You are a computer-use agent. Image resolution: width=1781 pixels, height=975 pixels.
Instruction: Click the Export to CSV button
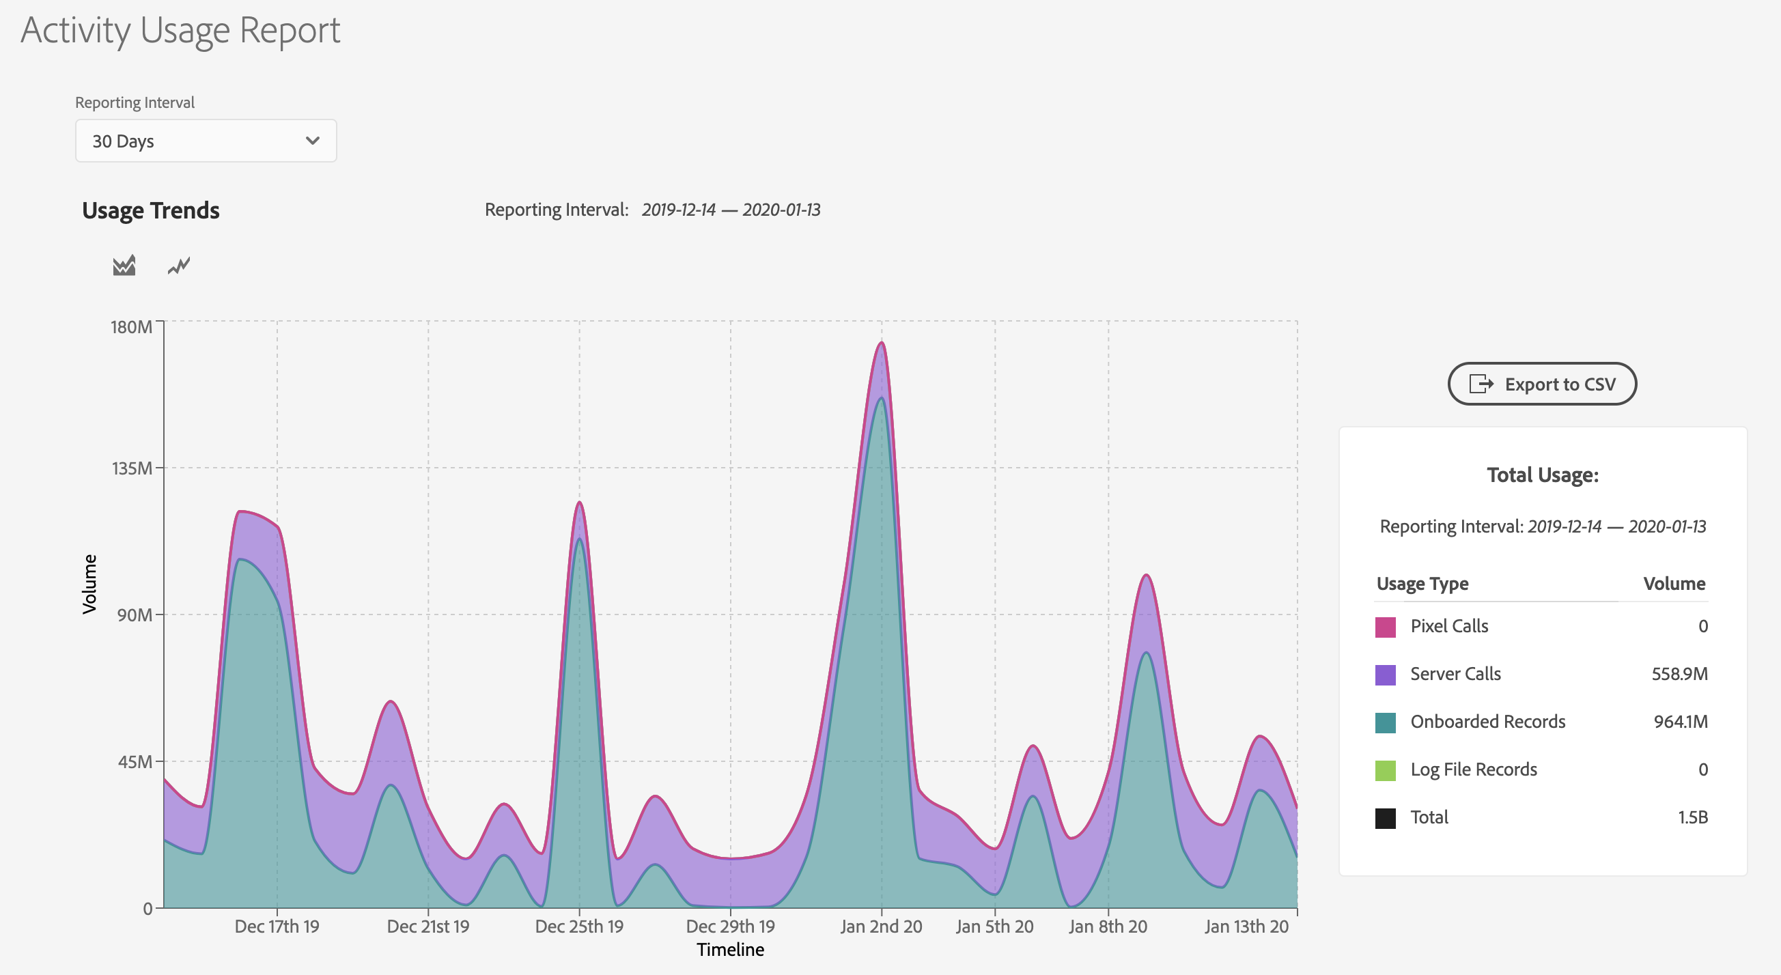point(1542,384)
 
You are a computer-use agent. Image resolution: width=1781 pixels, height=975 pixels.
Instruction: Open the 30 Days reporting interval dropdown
point(206,141)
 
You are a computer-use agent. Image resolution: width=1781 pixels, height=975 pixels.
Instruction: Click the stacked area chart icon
point(124,266)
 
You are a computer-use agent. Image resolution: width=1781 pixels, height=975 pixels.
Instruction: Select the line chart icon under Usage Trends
point(178,266)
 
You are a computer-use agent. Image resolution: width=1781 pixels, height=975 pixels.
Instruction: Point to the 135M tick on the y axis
point(132,468)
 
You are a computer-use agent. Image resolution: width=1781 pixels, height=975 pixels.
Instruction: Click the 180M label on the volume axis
point(131,326)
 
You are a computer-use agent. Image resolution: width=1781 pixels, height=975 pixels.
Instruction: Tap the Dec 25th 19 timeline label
point(578,926)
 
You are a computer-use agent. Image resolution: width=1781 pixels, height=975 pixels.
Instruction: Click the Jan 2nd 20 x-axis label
point(881,926)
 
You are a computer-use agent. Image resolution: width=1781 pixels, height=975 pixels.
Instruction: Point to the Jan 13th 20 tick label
point(1246,926)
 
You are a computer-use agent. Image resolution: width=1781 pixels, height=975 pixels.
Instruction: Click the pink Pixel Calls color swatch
point(1385,627)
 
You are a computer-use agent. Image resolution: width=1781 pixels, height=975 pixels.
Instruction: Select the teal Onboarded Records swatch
point(1385,722)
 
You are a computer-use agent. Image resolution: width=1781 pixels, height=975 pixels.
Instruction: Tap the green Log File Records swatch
point(1385,770)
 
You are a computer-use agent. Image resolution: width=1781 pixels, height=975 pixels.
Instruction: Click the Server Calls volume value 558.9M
point(1679,673)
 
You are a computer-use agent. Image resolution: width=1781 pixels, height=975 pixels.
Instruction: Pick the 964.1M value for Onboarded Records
point(1680,721)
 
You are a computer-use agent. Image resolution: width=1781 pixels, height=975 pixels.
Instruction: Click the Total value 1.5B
point(1692,817)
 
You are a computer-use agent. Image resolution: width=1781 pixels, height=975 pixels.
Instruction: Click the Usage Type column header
point(1422,584)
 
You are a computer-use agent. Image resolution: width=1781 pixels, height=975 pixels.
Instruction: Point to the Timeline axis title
point(730,950)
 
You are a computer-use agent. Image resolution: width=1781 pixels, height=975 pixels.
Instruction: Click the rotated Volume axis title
point(89,584)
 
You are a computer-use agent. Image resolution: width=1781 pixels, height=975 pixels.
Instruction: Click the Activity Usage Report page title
point(180,31)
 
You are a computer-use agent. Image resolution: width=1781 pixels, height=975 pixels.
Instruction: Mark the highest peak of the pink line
point(881,342)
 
